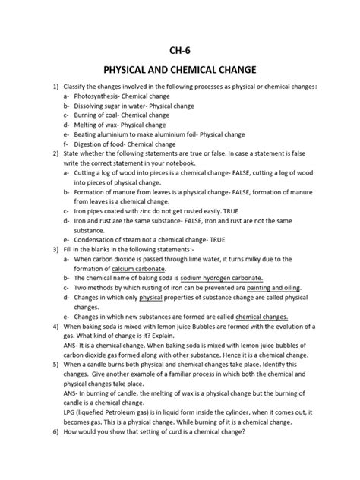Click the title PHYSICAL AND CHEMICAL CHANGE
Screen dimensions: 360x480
pyautogui.click(x=180, y=79)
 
